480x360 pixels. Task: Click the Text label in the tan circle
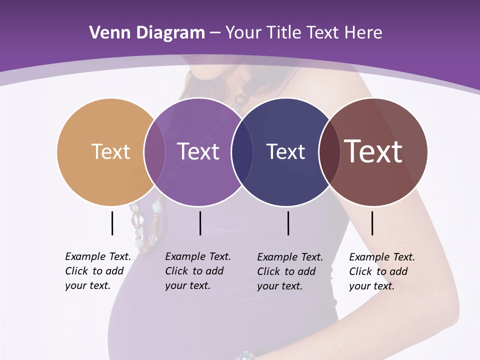[110, 151]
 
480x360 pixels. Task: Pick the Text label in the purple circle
[198, 151]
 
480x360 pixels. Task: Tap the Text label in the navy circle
[285, 151]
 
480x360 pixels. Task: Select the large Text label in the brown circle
[373, 151]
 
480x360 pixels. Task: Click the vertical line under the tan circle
[112, 223]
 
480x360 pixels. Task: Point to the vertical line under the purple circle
[200, 223]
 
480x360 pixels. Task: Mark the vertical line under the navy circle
[288, 223]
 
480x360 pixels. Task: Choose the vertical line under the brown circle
[372, 223]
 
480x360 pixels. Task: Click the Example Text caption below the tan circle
[98, 271]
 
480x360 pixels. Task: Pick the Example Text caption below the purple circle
[198, 271]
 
